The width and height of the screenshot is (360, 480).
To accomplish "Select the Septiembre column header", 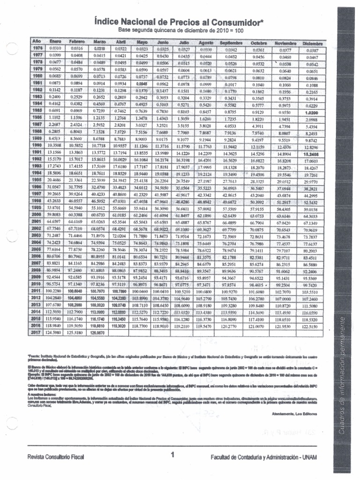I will [231, 42].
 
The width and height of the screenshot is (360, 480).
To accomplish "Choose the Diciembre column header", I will [311, 43].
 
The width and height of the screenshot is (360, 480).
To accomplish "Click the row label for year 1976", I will [37, 48].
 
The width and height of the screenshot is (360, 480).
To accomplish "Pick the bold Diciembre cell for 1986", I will [311, 113].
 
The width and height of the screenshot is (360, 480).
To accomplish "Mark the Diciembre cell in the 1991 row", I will [311, 154].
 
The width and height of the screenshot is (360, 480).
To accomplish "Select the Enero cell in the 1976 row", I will [55, 48].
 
